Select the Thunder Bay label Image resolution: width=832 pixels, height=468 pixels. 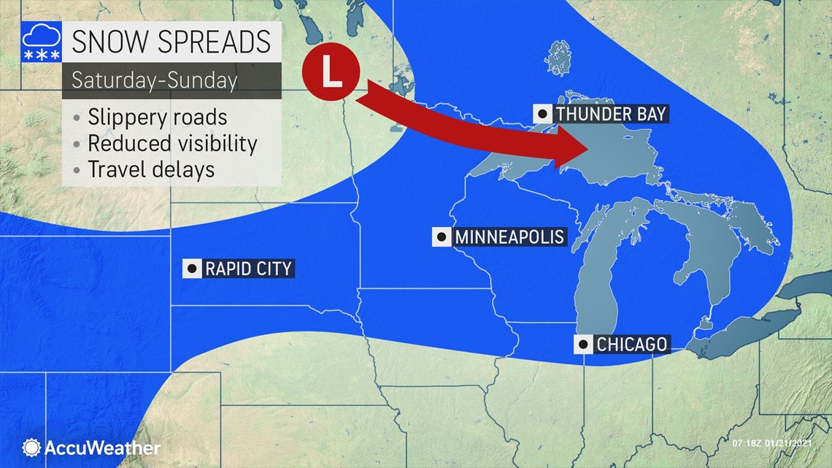point(610,114)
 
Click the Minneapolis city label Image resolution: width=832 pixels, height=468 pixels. point(509,237)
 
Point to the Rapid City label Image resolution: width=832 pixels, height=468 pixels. point(248,269)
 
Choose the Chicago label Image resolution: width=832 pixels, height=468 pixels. point(631,344)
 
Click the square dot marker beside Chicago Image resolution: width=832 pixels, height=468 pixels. point(584,345)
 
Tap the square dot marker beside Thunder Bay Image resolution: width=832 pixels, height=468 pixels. point(543,114)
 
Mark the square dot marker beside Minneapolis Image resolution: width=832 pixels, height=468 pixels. point(442,237)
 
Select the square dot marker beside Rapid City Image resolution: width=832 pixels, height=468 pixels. point(192,269)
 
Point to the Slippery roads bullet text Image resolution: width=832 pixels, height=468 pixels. point(157,118)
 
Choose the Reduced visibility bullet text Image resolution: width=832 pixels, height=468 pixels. point(172,144)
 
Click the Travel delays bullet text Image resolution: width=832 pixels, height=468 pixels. point(151,169)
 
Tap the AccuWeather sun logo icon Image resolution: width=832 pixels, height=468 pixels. point(31,448)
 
